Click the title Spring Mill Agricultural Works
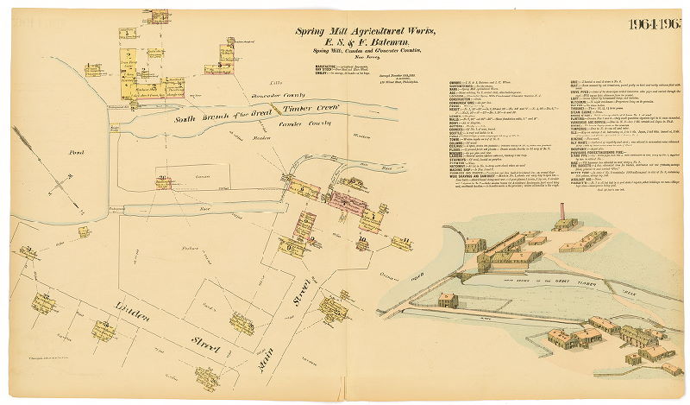tap(346, 31)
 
